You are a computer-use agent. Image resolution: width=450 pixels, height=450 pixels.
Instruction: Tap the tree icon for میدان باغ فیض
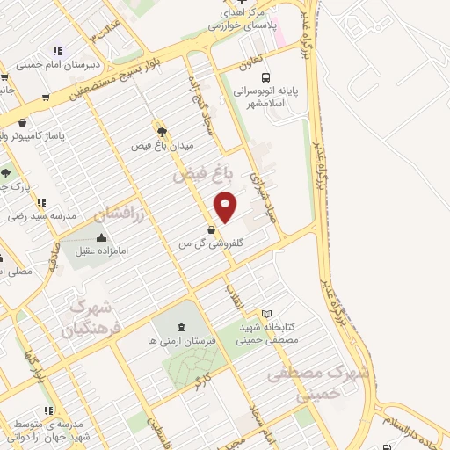pos(161,132)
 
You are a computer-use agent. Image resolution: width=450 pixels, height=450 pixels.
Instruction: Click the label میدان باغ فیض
pos(161,145)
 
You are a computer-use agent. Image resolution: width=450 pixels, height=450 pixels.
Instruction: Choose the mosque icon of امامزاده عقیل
pos(102,236)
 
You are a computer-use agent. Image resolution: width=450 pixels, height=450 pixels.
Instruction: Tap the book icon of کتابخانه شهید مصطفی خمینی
pos(267,314)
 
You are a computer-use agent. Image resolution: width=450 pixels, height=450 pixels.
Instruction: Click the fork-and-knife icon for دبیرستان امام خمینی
pos(57,52)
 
